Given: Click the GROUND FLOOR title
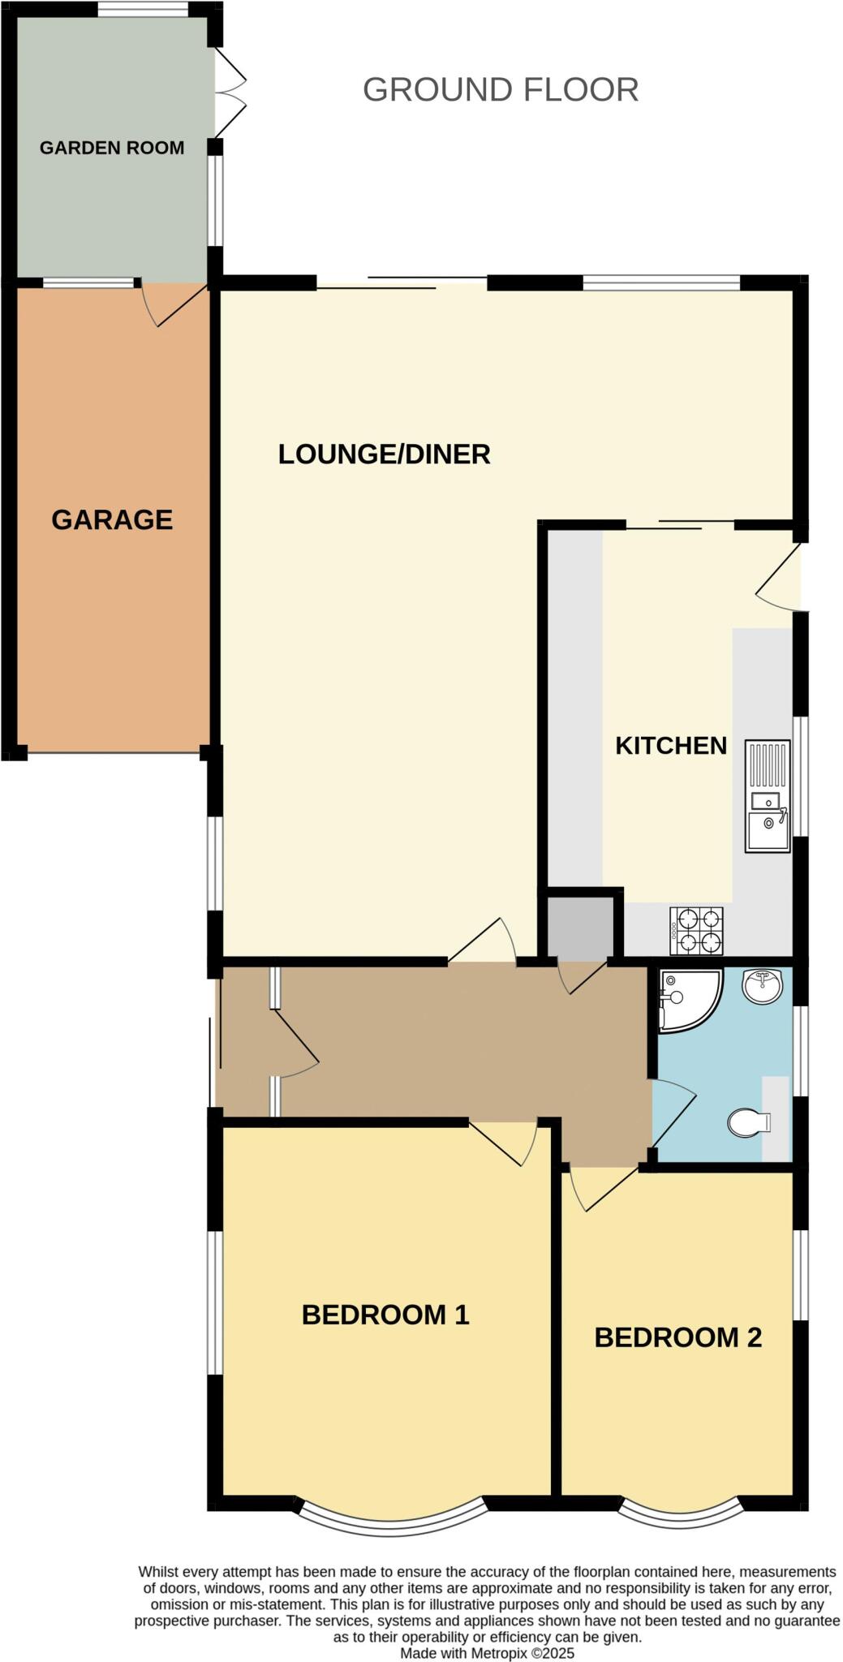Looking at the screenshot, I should [x=500, y=89].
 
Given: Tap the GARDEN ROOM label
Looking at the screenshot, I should [x=112, y=148].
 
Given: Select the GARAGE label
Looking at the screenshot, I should [x=112, y=519].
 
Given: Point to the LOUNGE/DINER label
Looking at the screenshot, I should [x=384, y=454].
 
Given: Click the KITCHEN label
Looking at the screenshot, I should [x=670, y=745].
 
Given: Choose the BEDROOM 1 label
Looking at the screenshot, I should [x=385, y=1315].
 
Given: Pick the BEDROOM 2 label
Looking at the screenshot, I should [x=677, y=1337].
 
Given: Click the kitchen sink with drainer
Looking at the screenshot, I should [x=767, y=796].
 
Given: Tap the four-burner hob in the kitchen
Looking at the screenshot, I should [x=696, y=930].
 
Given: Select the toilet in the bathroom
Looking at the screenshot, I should [x=749, y=1123].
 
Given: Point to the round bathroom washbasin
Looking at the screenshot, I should [x=762, y=985].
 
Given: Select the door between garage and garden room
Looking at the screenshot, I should [x=174, y=304].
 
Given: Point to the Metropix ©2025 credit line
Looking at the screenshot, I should [x=487, y=1653].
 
